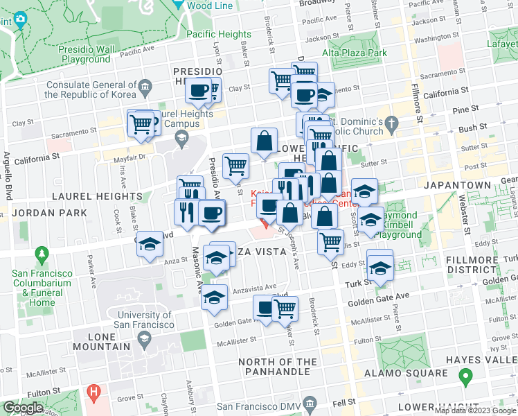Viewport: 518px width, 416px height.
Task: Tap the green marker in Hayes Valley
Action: (x=465, y=378)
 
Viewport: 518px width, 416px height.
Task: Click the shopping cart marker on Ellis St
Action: (x=331, y=242)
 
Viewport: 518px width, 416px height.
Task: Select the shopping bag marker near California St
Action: (x=265, y=141)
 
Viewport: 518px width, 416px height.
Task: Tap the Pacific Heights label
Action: (x=219, y=34)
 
